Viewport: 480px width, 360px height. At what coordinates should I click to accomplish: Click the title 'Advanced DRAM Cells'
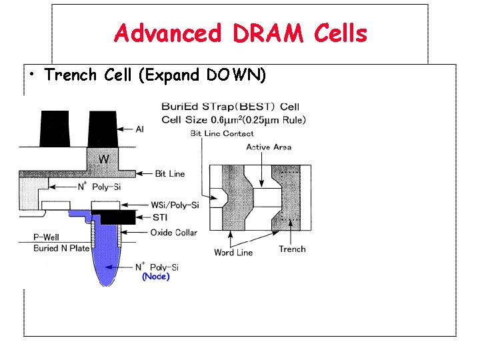click(240, 32)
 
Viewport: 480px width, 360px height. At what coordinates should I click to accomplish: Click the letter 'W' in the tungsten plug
click(104, 160)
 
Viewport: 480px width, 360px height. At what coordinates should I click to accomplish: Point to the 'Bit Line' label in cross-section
click(170, 174)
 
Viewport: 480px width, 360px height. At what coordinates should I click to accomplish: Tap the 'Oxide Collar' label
click(173, 232)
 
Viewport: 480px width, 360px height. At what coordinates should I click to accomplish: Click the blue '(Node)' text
click(156, 276)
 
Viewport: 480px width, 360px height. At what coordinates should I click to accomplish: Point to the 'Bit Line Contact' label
click(222, 133)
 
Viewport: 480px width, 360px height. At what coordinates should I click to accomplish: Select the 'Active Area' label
click(269, 147)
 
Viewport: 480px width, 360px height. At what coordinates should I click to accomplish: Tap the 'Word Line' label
click(233, 253)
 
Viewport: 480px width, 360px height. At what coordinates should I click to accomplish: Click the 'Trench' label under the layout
click(292, 249)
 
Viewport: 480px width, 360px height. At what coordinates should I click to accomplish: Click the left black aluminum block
click(57, 129)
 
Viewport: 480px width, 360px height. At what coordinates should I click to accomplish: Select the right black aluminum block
click(103, 129)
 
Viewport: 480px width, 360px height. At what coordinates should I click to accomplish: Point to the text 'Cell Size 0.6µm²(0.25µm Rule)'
click(233, 120)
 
